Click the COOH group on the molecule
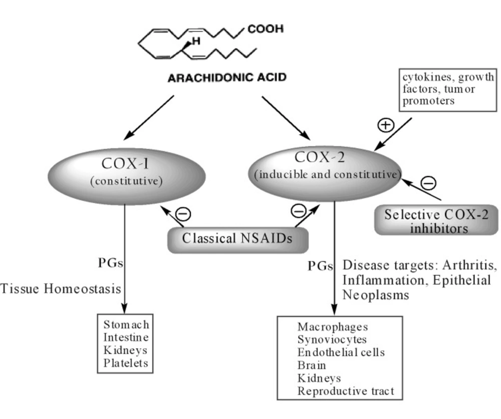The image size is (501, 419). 266,29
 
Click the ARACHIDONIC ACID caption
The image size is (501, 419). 227,78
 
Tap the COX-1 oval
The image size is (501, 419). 127,176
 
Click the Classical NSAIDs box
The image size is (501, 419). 238,240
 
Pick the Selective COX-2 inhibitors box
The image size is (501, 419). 436,220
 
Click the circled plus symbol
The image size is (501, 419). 386,125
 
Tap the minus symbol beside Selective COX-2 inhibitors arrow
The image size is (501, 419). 428,183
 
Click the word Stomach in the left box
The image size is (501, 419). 126,325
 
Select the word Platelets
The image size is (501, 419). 126,363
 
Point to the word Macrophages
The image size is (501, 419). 333,327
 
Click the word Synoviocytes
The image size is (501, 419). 332,340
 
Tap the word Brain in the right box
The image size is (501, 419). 312,365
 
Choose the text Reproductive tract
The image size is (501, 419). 346,391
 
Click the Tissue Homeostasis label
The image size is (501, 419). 61,289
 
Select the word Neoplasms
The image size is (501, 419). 376,295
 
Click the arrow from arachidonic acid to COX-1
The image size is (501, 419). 149,118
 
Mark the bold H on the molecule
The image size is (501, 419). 196,41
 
